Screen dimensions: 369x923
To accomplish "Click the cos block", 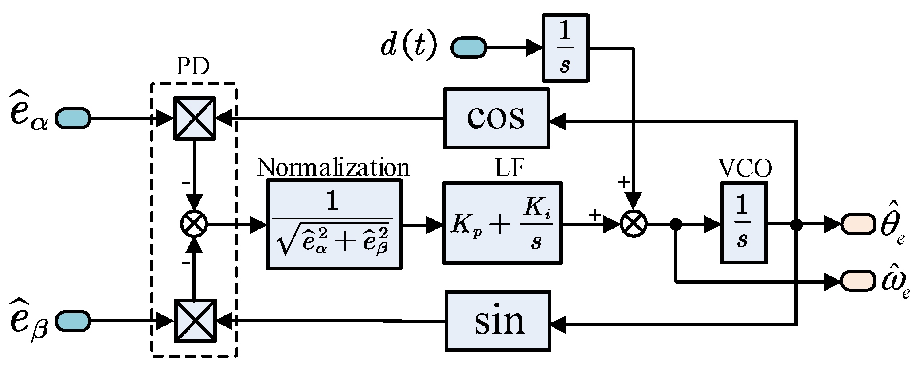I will (496, 118).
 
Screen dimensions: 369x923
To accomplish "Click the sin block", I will (497, 321).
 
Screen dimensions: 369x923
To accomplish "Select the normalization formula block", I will (334, 224).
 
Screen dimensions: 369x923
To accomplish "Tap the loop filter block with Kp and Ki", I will (502, 223).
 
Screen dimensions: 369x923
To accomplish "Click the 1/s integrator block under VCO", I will (743, 223).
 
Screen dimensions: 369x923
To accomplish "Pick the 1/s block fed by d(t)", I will (565, 48).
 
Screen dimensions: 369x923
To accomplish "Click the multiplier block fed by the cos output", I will (195, 118).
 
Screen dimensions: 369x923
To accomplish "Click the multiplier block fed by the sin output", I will (195, 321).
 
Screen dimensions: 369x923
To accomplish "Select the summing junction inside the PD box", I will (194, 224).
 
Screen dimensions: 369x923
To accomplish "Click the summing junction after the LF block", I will (634, 224).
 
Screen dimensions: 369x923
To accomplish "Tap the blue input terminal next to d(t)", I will (468, 47).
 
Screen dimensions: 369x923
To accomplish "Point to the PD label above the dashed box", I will (192, 66).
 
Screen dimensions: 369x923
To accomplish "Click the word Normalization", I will (333, 167).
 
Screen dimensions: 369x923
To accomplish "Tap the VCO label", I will (745, 168).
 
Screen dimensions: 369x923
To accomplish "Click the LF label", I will (509, 168).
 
